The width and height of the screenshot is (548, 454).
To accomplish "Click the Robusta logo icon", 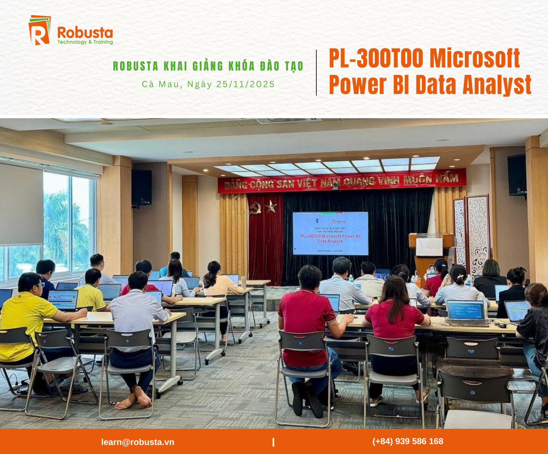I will [x=39, y=31].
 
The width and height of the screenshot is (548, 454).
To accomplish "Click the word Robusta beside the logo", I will [x=85, y=32].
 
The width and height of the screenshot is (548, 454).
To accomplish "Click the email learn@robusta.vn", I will [x=137, y=442].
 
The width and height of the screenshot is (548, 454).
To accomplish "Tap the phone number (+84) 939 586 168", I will [x=407, y=441].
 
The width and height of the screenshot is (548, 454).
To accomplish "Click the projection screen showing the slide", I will [x=330, y=233].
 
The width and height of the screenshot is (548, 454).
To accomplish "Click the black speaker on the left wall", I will [x=142, y=187].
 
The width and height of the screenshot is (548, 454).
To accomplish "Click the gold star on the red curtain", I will [x=271, y=207].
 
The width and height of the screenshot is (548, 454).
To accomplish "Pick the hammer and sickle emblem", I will [x=256, y=208].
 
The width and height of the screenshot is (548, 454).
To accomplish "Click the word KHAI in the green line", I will [x=179, y=66].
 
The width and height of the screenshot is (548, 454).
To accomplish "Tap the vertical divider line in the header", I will [x=316, y=73].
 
